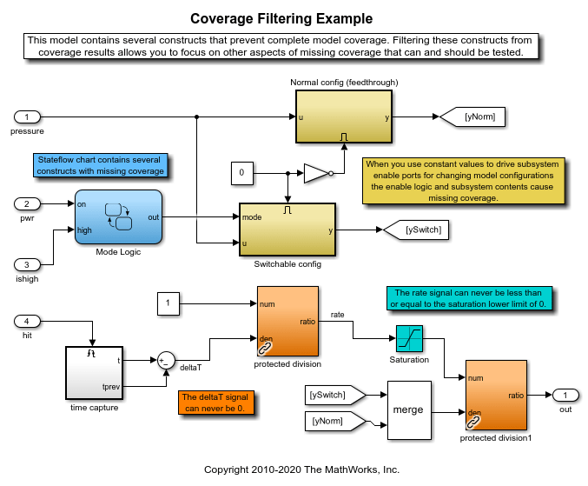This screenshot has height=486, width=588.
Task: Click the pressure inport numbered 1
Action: [28, 117]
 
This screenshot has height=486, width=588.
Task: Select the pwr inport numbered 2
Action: [28, 203]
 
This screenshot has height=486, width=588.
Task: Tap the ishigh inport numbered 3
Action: [28, 264]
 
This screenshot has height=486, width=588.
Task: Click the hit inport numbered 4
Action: [28, 321]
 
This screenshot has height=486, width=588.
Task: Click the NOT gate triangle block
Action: [317, 174]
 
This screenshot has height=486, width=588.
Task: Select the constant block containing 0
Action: [242, 174]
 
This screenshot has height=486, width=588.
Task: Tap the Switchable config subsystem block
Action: [287, 230]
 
